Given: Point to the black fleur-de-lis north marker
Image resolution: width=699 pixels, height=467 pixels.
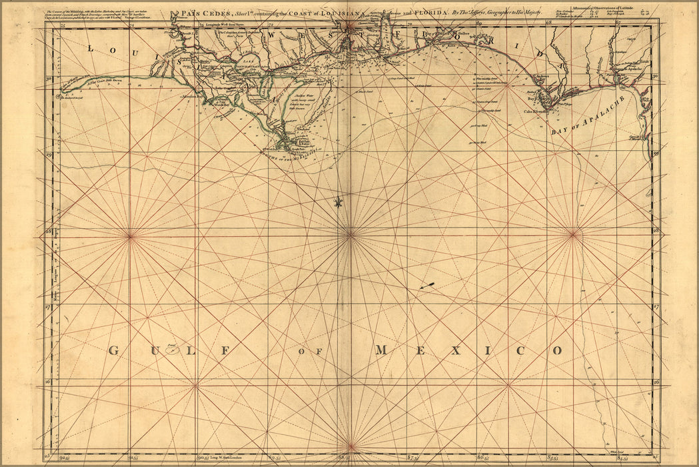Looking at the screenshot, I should pyautogui.click(x=339, y=202).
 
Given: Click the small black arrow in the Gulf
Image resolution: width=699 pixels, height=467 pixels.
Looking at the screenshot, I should pyautogui.click(x=427, y=286).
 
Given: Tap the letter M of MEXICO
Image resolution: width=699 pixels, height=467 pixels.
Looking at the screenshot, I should pyautogui.click(x=381, y=350).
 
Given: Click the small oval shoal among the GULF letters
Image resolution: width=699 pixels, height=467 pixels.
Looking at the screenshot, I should pyautogui.click(x=173, y=350).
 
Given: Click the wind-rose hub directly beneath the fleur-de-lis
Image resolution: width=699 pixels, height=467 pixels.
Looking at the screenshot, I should pyautogui.click(x=350, y=234).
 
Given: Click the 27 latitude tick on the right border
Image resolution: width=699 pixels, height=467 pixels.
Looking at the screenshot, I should pyautogui.click(x=656, y=308).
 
